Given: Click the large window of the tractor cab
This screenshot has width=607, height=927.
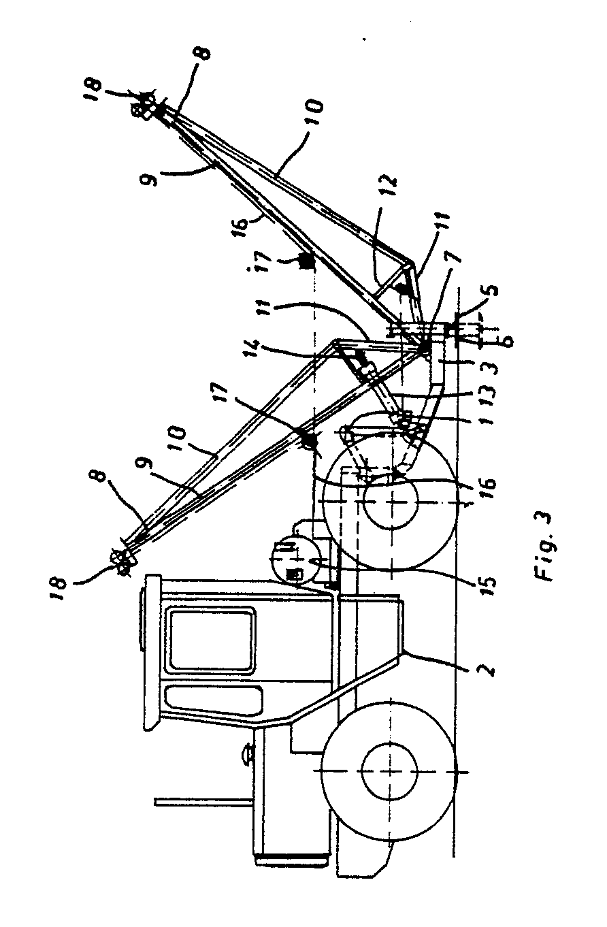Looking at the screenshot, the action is pos(211,638).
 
